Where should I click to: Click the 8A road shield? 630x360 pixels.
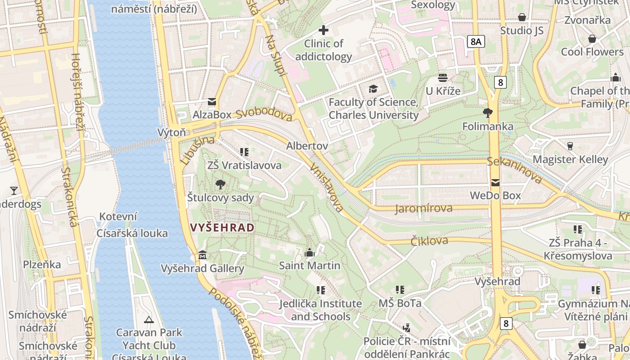click(476, 42)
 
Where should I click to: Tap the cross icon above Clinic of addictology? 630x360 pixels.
click(323, 31)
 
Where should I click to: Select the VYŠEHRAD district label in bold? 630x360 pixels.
click(222, 228)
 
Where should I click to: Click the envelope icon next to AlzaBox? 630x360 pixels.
click(211, 102)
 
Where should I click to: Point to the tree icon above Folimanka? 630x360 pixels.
click(487, 112)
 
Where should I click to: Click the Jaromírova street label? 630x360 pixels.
click(424, 208)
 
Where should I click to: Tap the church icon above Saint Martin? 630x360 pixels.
click(310, 253)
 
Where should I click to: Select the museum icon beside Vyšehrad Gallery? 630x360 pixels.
click(202, 256)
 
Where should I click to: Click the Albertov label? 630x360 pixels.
click(307, 146)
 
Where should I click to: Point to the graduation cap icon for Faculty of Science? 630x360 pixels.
click(373, 89)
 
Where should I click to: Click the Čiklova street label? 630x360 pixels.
click(429, 241)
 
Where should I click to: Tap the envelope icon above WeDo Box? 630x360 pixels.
click(495, 183)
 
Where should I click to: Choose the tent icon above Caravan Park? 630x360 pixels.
click(148, 320)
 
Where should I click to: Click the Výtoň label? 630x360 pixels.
click(171, 132)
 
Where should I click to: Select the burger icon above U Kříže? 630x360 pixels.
click(443, 78)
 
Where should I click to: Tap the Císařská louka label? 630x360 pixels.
click(132, 233)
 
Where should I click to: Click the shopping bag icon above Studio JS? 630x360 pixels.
click(522, 18)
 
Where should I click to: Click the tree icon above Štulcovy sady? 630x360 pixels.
click(220, 184)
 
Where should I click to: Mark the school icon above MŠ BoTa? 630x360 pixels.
click(400, 290)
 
